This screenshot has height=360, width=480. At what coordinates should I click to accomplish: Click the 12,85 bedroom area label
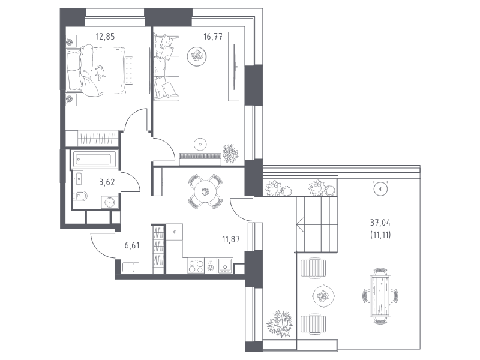(x=106, y=37)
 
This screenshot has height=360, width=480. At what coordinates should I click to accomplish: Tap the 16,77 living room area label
(x=213, y=37)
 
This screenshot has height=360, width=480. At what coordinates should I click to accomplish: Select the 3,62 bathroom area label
(x=107, y=182)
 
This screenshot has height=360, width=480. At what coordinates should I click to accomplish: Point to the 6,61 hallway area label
(x=132, y=245)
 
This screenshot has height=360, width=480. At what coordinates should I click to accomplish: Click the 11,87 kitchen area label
(x=231, y=239)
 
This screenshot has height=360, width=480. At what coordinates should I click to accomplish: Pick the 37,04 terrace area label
(x=380, y=223)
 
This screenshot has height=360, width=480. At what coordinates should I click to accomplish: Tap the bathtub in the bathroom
(x=94, y=160)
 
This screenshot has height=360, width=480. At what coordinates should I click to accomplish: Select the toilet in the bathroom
(x=80, y=196)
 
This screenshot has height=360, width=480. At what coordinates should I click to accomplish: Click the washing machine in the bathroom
(x=110, y=202)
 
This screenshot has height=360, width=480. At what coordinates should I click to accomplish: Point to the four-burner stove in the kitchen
(x=196, y=266)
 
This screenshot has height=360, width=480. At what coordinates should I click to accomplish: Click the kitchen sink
(x=225, y=266)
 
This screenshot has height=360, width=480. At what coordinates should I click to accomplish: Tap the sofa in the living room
(x=166, y=67)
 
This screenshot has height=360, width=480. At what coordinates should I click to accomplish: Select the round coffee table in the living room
(x=197, y=56)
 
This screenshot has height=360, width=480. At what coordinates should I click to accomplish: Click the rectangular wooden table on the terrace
(x=380, y=296)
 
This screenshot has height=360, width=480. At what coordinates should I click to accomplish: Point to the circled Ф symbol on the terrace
(x=380, y=189)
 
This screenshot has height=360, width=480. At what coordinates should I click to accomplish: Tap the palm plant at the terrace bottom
(x=280, y=324)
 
